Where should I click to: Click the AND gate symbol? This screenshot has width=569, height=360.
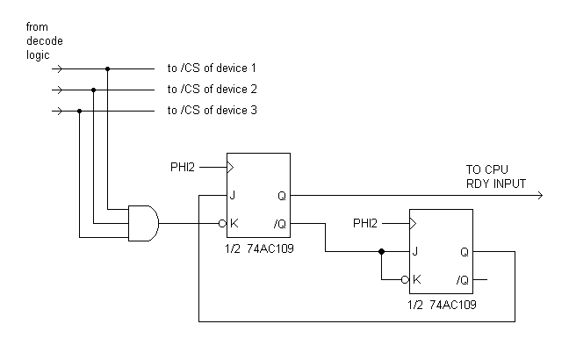[143, 223]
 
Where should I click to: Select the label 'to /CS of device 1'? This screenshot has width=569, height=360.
[212, 68]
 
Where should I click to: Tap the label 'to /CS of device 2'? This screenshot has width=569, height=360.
[212, 90]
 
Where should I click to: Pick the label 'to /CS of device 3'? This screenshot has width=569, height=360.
[212, 111]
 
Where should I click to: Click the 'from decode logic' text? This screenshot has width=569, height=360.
[45, 41]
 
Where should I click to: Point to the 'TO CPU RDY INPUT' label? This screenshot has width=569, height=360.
[497, 176]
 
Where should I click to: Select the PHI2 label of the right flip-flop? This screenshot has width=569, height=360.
[368, 222]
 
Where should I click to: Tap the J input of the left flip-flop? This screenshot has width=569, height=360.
[234, 195]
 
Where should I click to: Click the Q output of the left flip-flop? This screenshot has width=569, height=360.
[280, 195]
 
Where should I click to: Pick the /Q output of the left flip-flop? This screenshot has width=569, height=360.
[278, 224]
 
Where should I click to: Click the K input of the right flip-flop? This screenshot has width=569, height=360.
[416, 280]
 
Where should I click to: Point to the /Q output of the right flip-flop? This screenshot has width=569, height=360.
[462, 280]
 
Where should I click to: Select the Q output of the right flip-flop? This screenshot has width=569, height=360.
[464, 251]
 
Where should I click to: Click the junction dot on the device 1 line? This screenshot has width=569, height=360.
[108, 68]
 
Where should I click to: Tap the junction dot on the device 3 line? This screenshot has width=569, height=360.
[80, 112]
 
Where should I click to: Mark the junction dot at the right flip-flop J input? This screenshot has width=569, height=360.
[381, 251]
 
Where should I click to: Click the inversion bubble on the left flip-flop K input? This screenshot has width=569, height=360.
[223, 223]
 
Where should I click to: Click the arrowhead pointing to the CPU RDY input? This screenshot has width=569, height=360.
[537, 195]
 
